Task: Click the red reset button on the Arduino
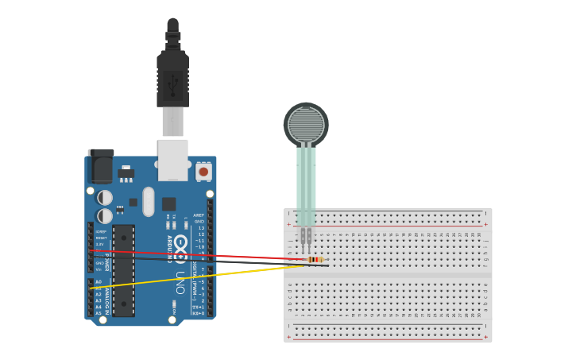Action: [x=203, y=171]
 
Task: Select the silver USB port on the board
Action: [x=172, y=159]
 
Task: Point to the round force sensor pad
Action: [x=306, y=123]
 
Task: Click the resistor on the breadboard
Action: [x=315, y=259]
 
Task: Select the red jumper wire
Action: [x=199, y=254]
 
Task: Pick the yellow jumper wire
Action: [x=199, y=276]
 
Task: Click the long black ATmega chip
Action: [x=123, y=270]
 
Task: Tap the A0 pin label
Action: [x=99, y=281]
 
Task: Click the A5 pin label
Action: [x=99, y=313]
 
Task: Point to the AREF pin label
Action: [x=199, y=215]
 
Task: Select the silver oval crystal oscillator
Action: [x=149, y=201]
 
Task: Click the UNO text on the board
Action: [x=180, y=282]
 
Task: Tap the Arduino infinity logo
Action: [x=181, y=246]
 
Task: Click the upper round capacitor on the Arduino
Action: [x=105, y=197]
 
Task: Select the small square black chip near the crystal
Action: [x=168, y=203]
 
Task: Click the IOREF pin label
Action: [x=101, y=231]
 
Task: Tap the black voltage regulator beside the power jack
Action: [x=126, y=172]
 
